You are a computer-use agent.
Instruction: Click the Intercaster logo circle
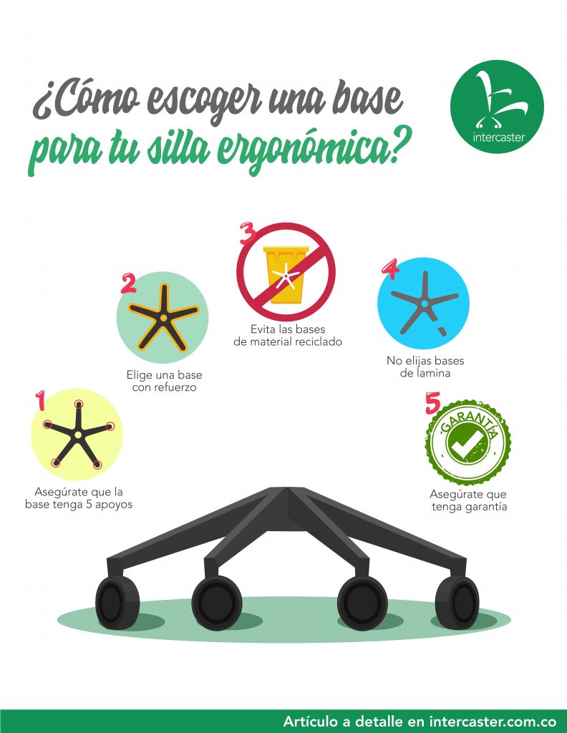[497, 107]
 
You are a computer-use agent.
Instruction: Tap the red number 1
[41, 400]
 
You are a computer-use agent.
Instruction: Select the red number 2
[128, 283]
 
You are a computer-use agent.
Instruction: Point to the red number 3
[247, 233]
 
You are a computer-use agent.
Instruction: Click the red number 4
[389, 268]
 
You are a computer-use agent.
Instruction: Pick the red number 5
[432, 403]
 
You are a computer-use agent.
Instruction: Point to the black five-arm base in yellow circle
[77, 434]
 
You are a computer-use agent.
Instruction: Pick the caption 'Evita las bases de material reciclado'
[288, 336]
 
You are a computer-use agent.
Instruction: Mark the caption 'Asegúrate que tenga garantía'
[468, 500]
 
